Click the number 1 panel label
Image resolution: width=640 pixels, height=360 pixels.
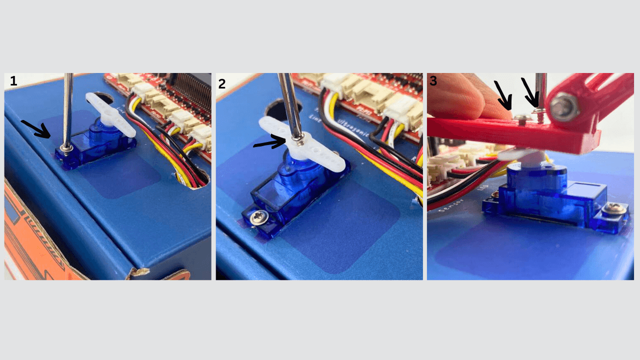click(x=13, y=80)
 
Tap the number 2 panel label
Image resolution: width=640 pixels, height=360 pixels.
click(x=222, y=83)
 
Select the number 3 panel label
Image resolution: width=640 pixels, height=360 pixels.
click(x=433, y=81)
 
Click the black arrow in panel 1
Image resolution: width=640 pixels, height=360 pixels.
click(x=35, y=128)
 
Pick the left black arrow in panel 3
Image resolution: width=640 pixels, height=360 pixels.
click(x=502, y=95)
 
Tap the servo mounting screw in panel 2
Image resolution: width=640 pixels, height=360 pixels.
click(x=259, y=217)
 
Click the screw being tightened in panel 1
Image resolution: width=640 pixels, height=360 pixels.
click(x=65, y=147)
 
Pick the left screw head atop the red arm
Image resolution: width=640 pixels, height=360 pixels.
click(x=521, y=117)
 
